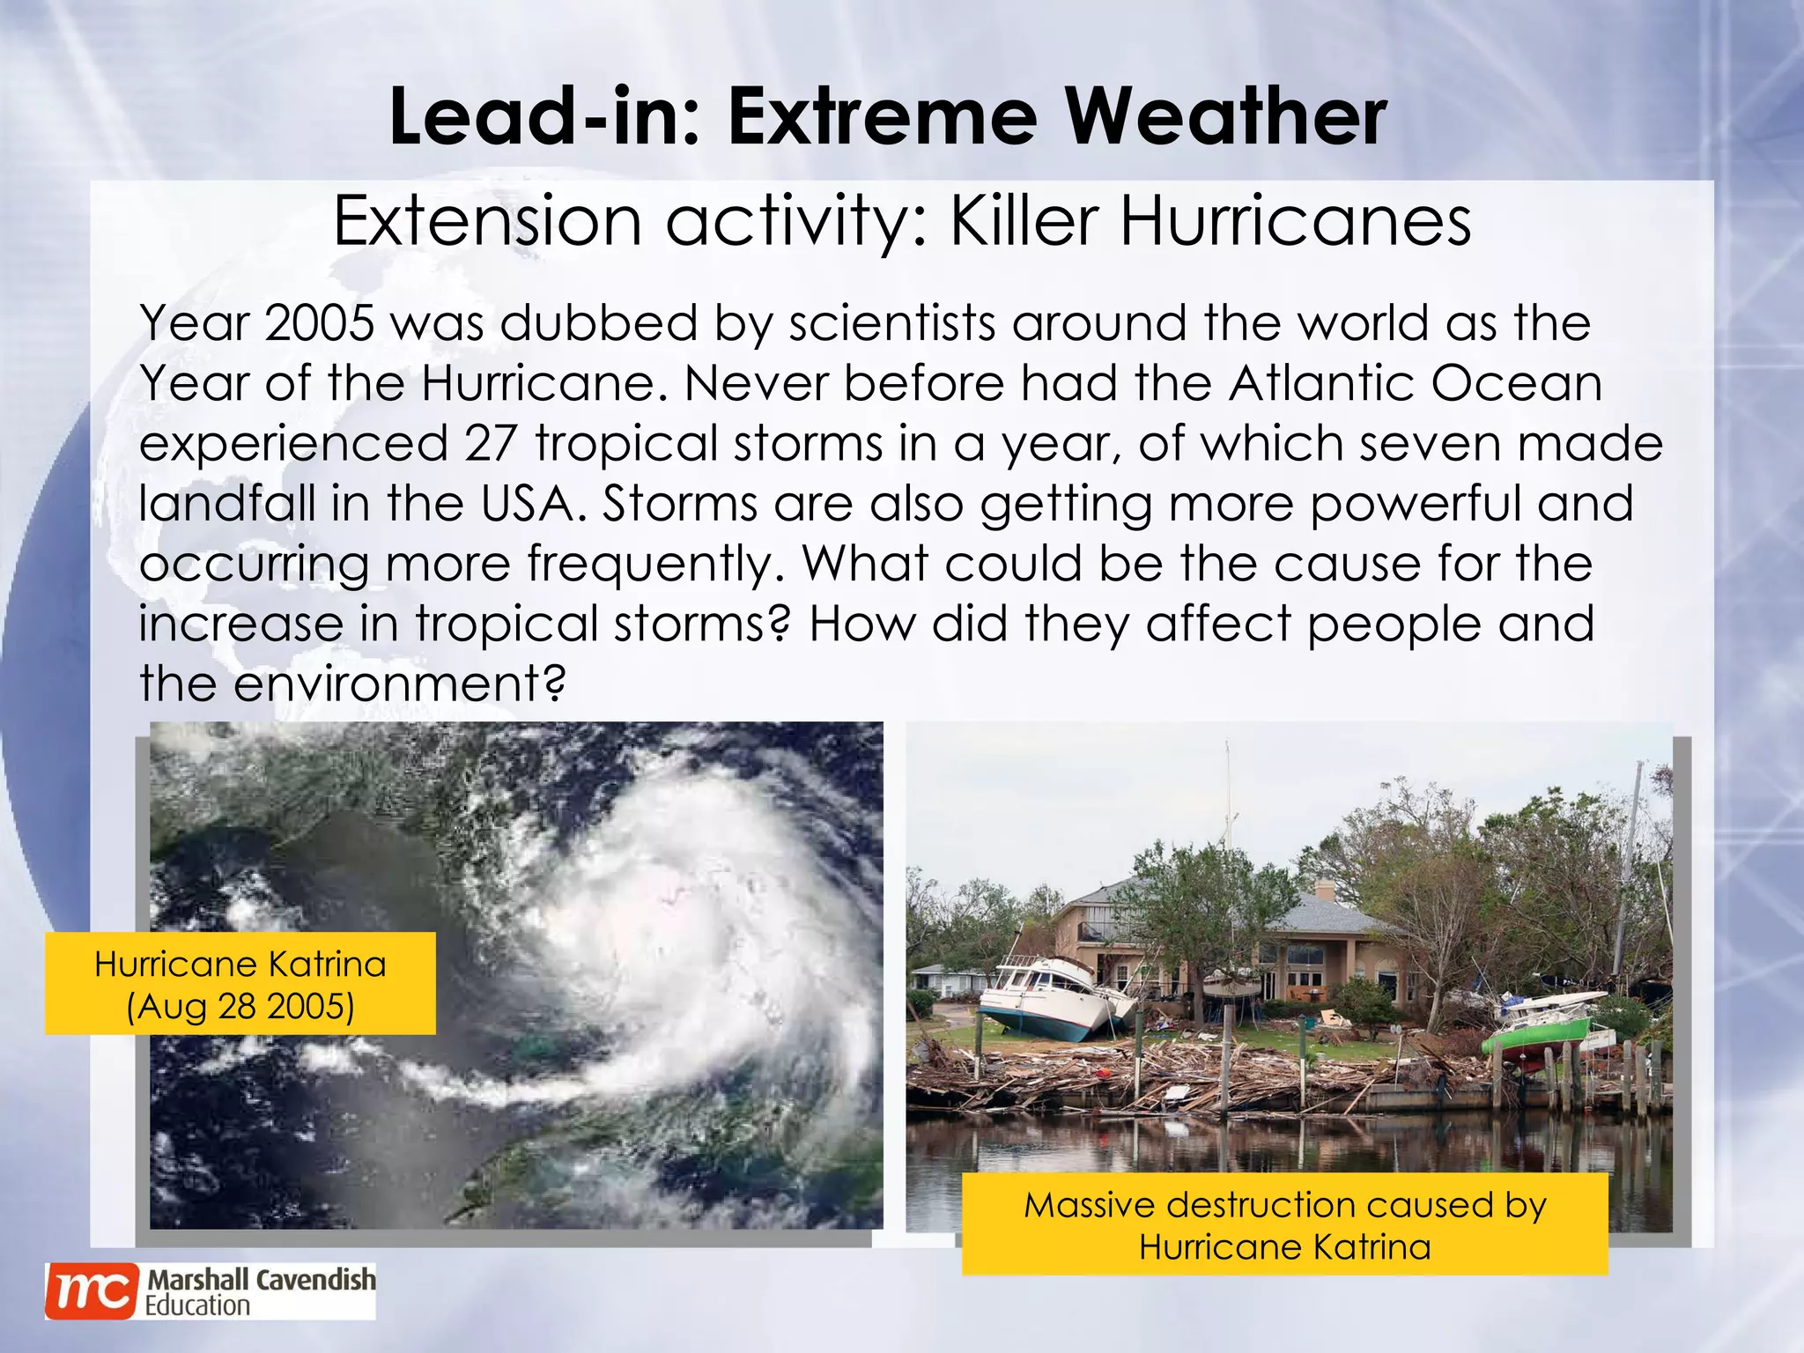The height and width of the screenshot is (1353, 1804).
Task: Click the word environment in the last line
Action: (398, 684)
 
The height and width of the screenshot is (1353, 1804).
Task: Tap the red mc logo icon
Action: (92, 1291)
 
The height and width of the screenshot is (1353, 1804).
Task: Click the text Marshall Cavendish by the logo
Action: (261, 1280)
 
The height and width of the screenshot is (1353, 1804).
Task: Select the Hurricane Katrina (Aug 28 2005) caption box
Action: (240, 984)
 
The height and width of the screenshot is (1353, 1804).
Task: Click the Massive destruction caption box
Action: (1284, 1224)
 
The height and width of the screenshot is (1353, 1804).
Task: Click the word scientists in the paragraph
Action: (892, 323)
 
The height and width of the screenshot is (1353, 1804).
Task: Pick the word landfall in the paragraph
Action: (226, 504)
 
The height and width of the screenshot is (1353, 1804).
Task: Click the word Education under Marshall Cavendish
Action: (197, 1305)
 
